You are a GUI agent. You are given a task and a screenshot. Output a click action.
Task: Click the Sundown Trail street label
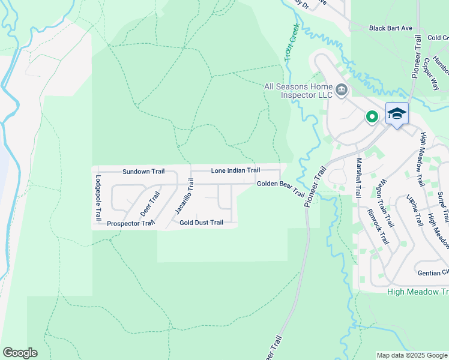click(143, 172)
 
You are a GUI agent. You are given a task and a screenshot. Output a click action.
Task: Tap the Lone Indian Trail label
click(235, 171)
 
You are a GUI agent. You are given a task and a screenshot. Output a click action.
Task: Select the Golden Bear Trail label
click(281, 188)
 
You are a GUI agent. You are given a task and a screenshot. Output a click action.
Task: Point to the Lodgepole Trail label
click(98, 198)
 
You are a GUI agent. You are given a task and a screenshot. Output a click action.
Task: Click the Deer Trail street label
click(150, 204)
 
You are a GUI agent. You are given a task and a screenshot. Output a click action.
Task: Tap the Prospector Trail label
click(130, 224)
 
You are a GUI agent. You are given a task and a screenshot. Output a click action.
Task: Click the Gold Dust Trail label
click(201, 223)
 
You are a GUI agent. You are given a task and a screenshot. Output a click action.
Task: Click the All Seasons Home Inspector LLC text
click(298, 91)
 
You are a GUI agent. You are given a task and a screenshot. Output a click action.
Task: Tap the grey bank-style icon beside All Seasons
click(342, 91)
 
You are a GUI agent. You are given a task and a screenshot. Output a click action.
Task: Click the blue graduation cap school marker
click(397, 114)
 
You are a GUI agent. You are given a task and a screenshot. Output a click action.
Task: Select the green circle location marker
click(372, 117)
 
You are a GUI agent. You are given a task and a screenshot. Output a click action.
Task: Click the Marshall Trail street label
click(358, 178)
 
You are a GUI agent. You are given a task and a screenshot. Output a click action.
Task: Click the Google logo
click(20, 353)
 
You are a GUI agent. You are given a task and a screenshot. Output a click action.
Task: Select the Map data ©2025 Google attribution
click(412, 355)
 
